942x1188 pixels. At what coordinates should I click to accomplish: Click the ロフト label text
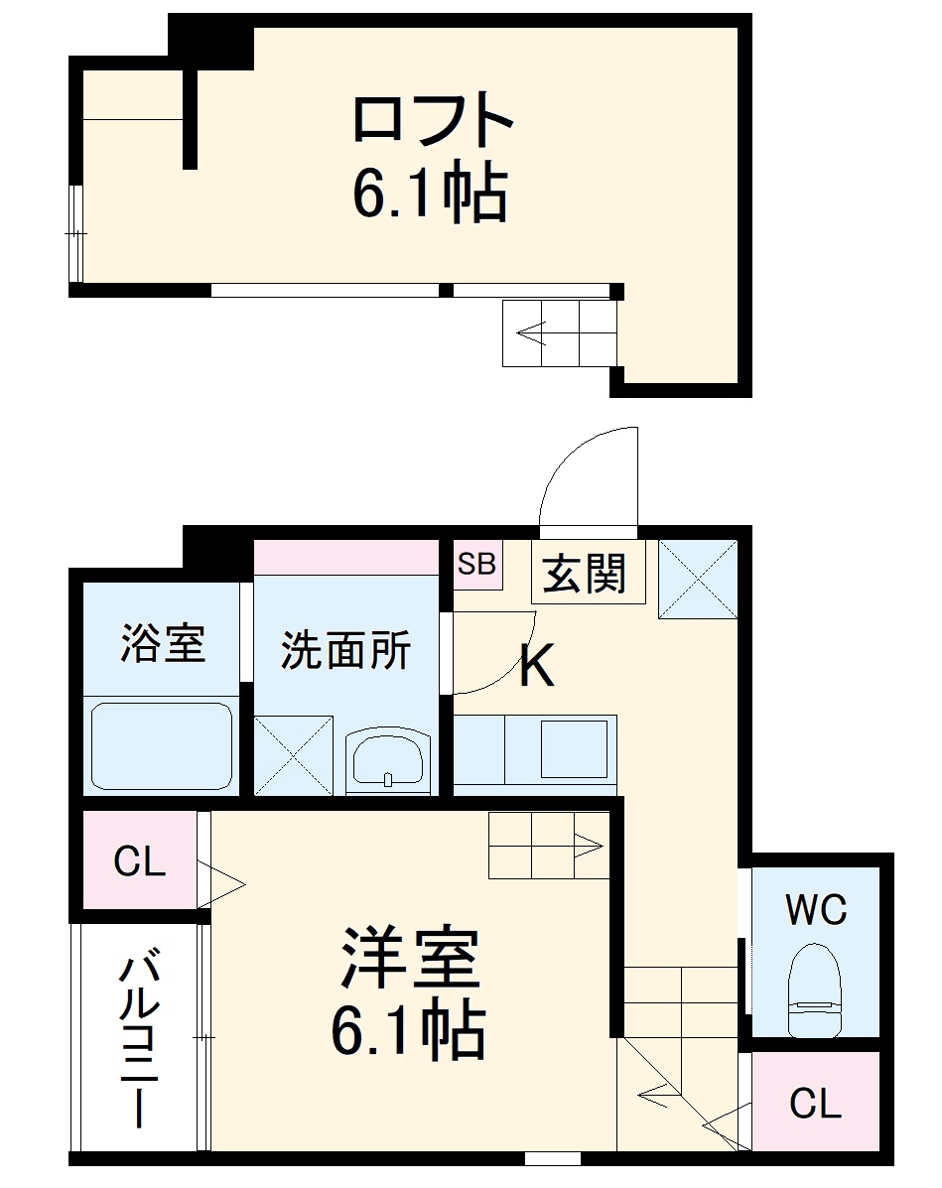coord(433,120)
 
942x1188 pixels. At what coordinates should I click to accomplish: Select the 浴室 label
coord(163,643)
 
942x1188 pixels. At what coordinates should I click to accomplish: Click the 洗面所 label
coord(344,650)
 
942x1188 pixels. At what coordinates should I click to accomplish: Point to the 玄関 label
coord(586,574)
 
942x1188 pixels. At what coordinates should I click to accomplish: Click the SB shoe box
coord(476,564)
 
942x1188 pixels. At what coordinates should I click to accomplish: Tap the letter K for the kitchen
coord(537,667)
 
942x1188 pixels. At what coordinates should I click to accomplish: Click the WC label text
coord(815,908)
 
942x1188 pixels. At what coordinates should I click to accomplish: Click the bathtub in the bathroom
coord(161,746)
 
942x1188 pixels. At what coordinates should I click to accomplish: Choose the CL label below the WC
coord(815,1103)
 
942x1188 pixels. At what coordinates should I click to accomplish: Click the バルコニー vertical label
coord(139,1038)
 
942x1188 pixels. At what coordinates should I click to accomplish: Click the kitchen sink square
coord(573,748)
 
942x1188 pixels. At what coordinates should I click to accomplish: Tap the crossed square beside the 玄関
coord(697,579)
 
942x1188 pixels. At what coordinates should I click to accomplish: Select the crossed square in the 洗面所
coord(293,755)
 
